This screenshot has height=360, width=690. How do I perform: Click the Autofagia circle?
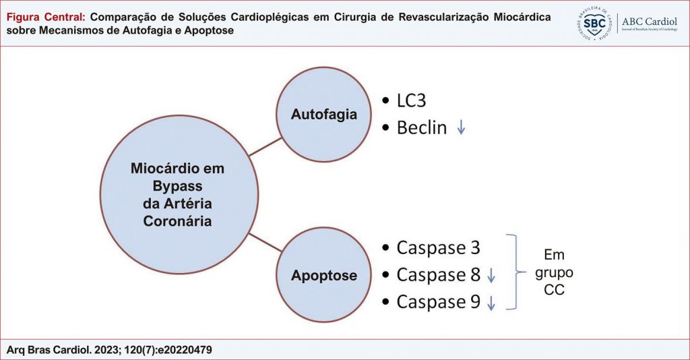click(x=325, y=114)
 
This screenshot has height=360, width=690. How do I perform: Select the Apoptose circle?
click(x=325, y=275)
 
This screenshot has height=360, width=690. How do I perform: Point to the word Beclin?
click(x=421, y=127)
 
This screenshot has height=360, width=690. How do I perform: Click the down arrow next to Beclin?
click(x=461, y=127)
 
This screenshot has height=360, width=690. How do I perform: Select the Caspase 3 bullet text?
click(x=438, y=247)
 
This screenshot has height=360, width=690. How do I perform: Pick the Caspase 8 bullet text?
click(x=438, y=275)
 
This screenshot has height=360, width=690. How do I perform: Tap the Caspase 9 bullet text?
click(x=438, y=302)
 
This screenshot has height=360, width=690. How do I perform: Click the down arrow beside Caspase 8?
click(x=491, y=275)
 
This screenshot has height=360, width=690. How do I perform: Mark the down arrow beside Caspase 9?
click(x=491, y=303)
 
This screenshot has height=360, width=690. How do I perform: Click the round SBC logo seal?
click(x=596, y=24)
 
